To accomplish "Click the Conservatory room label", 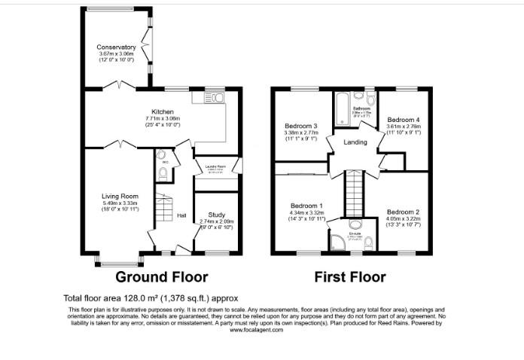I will pos(117,47).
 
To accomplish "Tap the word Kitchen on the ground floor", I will pos(163,111).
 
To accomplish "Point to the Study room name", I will pos(216,215).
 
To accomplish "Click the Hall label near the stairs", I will pos(181,215).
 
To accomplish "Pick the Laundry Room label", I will pos(216,168).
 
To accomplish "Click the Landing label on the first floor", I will pos(355,142).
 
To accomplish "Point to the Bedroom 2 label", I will pos(403,212).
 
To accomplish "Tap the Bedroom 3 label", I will pos(300,126).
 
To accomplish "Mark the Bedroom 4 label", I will pos(403,120).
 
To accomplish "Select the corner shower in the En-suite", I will pos(337,241).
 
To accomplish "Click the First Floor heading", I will pos(350,276).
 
